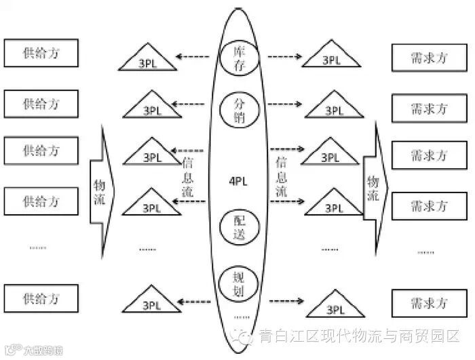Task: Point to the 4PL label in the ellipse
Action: [x=237, y=181]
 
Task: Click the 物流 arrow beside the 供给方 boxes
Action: [x=102, y=182]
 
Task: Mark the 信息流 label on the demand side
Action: [x=283, y=178]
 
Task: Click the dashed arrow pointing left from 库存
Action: [x=197, y=56]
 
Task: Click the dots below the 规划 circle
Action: [x=240, y=316]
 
